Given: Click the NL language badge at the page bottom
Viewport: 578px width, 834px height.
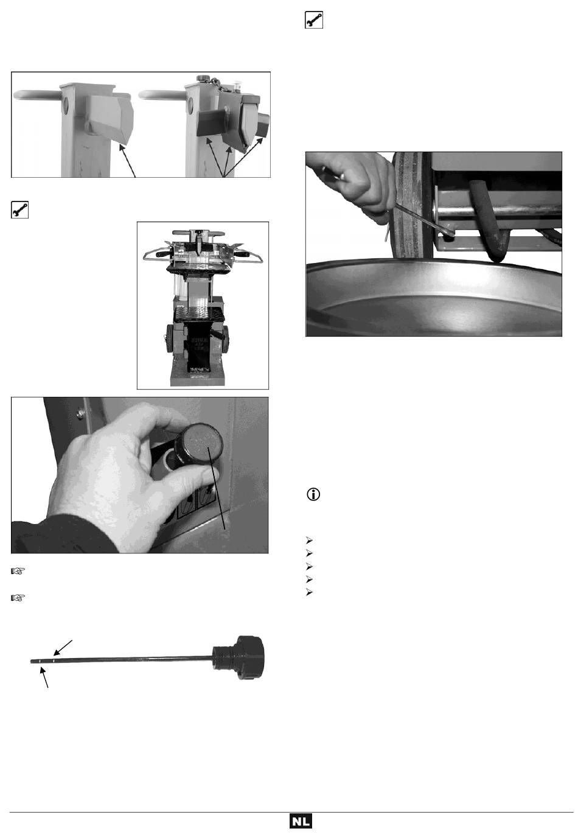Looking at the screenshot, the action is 301,821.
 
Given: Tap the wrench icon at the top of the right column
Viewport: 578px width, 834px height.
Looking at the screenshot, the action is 314,19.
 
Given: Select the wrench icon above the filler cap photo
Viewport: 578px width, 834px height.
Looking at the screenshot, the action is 19,209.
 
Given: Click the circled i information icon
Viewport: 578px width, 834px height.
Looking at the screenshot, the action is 313,494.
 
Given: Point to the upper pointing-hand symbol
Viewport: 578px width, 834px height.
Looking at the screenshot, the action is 18,571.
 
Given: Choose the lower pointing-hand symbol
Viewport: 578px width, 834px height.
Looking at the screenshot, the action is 18,598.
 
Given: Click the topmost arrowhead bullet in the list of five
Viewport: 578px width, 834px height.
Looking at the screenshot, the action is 309,540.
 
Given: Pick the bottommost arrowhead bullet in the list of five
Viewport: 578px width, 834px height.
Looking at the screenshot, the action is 309,592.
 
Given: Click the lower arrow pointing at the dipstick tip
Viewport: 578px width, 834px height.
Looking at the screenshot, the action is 44,678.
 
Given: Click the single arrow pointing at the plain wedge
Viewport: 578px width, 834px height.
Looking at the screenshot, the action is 127,161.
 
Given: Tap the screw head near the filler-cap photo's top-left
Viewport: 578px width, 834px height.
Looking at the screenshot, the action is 80,413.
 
